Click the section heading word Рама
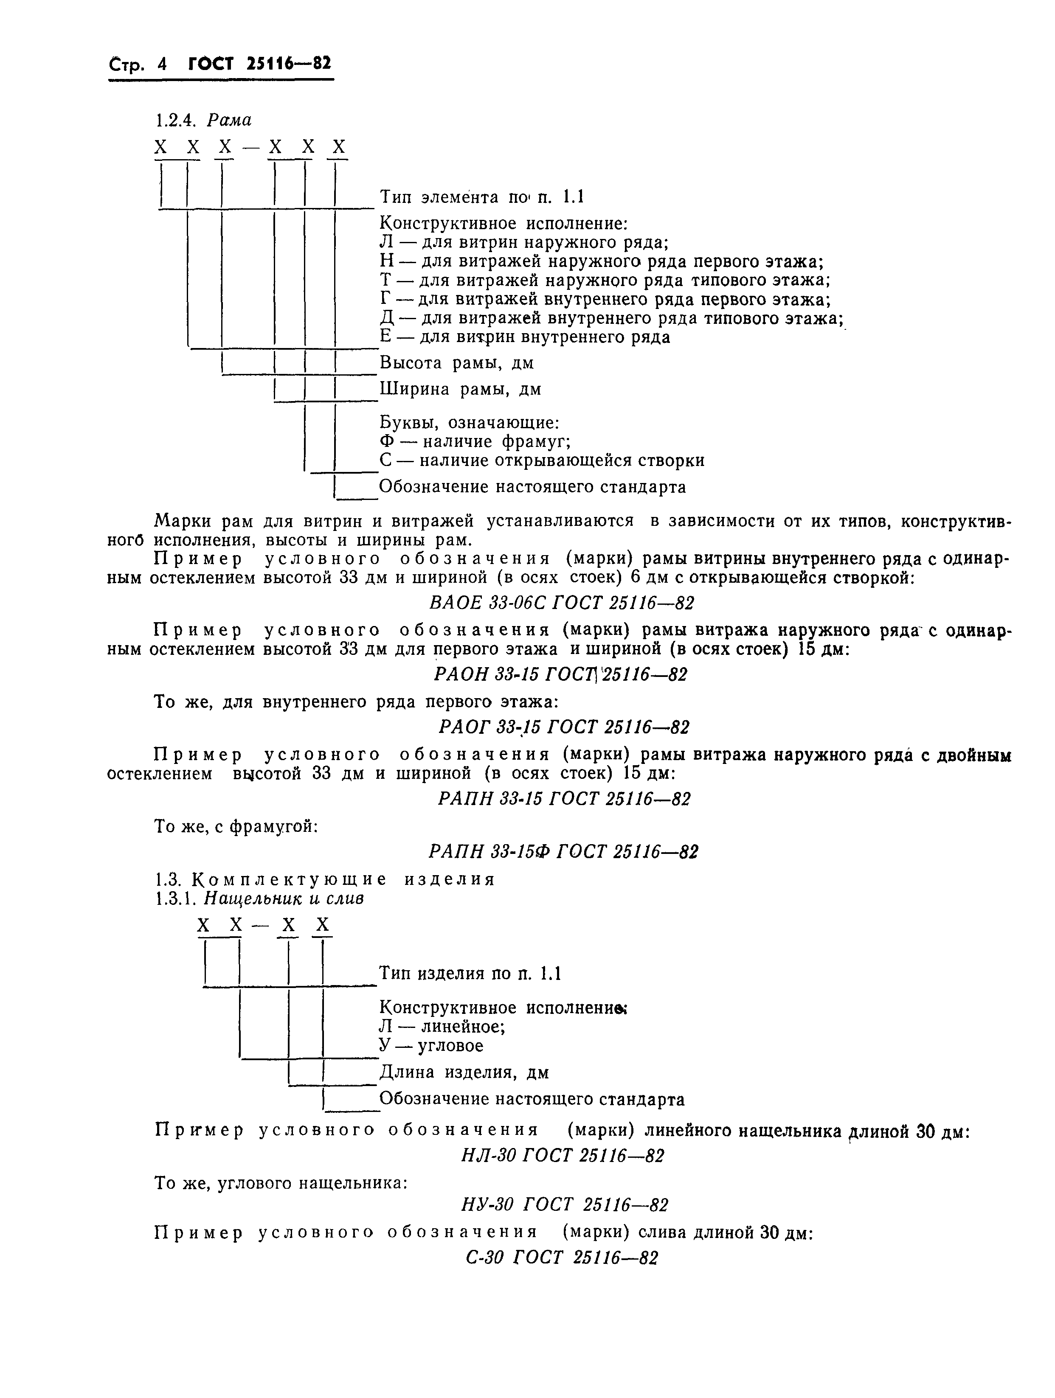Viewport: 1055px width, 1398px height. point(229,120)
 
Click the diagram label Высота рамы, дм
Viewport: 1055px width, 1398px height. point(456,363)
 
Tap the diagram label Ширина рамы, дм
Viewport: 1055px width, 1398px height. point(460,389)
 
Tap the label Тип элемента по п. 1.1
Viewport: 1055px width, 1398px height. point(482,197)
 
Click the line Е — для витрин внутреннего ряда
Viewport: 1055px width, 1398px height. point(525,337)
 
